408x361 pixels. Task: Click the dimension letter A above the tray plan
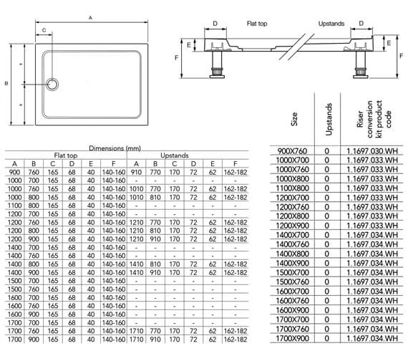coord(90,16)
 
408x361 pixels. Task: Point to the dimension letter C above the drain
coord(44,31)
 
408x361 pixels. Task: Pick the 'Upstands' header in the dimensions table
coord(175,155)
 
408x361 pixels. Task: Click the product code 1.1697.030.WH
coord(370,150)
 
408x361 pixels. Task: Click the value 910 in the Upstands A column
coord(137,172)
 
